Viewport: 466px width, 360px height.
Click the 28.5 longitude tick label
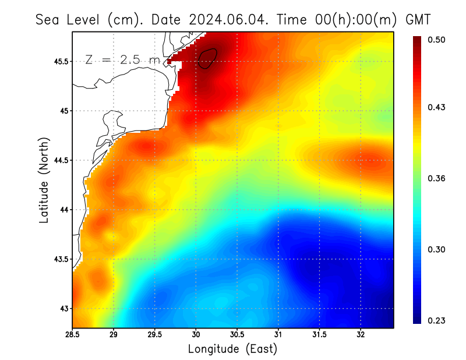point(73,335)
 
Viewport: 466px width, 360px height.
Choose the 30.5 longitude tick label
point(237,335)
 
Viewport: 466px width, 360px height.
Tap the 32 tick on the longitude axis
point(361,335)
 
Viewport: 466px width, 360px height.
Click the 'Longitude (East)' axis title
point(232,349)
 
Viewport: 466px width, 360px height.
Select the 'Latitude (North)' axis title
point(44,180)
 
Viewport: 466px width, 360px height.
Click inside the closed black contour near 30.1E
point(207,58)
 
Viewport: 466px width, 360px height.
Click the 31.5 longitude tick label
point(319,335)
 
